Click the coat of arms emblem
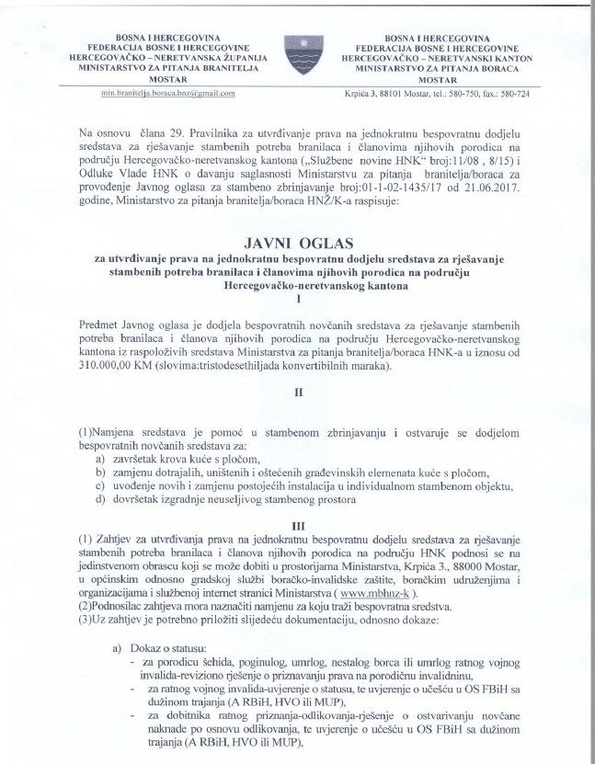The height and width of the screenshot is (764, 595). point(297,57)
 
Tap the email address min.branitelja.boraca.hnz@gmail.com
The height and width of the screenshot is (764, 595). point(168,93)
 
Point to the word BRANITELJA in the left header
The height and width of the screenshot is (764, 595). point(210,66)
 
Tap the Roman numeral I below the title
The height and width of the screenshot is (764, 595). point(297,299)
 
